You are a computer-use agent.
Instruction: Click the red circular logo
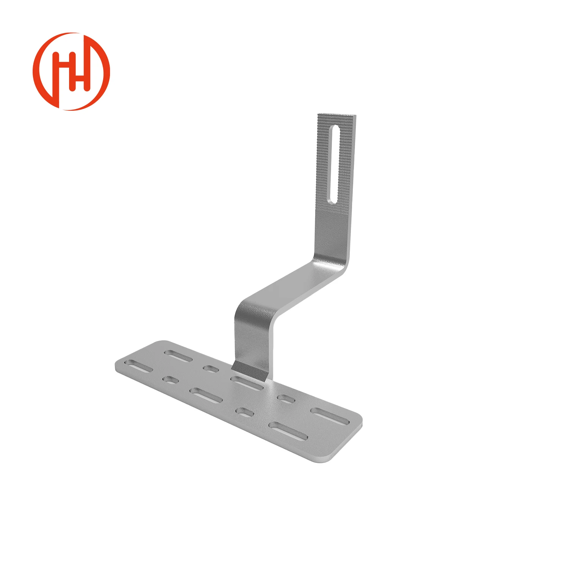click(71, 71)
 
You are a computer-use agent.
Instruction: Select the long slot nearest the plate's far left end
click(139, 367)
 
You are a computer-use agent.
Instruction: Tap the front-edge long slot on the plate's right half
click(289, 431)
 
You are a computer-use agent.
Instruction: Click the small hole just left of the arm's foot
click(209, 368)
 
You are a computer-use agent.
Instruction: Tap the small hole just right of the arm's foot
click(286, 399)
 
